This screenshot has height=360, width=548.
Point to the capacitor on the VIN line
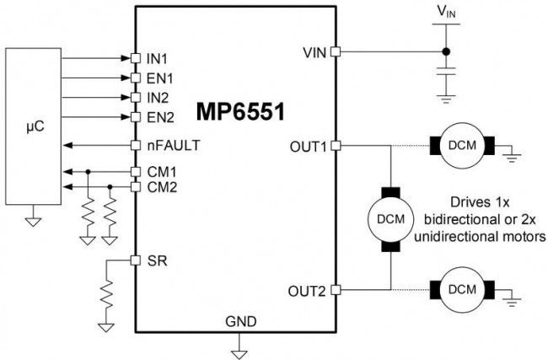(x=446, y=74)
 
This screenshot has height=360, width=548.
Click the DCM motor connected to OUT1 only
(x=461, y=145)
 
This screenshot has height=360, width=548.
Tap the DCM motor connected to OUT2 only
(x=461, y=290)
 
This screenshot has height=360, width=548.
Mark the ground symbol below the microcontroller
(x=33, y=221)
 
